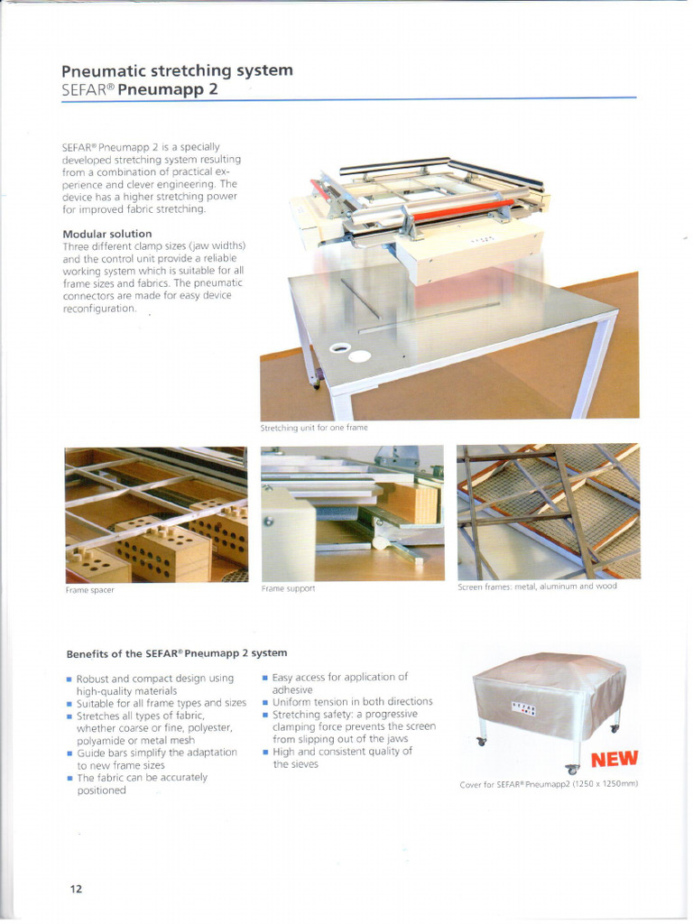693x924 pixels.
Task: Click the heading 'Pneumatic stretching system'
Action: (176, 70)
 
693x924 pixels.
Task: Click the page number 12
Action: (76, 889)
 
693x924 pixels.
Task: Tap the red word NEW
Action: (614, 757)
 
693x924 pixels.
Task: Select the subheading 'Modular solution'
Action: (106, 234)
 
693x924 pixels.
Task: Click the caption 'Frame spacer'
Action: (89, 590)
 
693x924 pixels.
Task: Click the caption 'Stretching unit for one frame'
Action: (313, 428)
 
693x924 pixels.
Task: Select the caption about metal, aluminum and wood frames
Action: (537, 587)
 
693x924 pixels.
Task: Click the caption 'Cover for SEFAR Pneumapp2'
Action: (549, 784)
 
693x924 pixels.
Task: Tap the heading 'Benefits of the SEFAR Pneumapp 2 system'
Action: (176, 652)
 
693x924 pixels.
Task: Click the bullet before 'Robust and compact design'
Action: (69, 679)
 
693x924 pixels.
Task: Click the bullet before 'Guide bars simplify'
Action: (69, 753)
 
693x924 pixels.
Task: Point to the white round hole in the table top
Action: (358, 356)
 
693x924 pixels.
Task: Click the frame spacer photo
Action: (155, 514)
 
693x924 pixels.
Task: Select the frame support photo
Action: (352, 513)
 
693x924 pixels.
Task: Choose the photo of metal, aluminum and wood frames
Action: (548, 511)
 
